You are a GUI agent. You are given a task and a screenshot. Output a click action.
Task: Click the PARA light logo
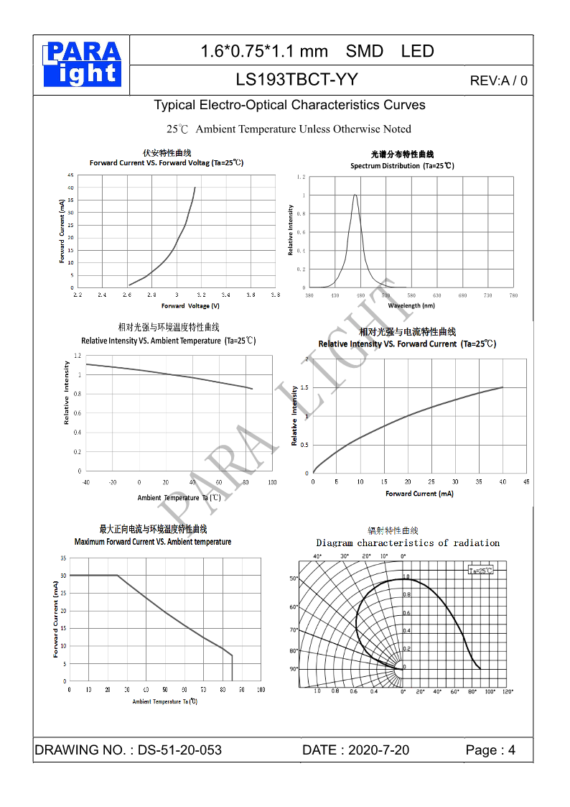coord(83,64)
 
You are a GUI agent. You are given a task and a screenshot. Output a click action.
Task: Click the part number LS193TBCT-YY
coord(296,79)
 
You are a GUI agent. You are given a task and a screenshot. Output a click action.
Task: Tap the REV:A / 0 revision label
coord(498,80)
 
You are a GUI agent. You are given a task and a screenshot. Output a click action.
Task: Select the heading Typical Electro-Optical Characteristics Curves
coord(289,105)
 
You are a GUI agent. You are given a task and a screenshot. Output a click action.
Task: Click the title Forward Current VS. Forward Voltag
coord(167,163)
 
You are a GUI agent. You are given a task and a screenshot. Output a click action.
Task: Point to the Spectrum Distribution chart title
coord(402,166)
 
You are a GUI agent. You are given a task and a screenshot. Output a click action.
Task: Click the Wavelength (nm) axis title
coord(411,305)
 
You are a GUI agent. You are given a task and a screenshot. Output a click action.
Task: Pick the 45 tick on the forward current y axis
coord(70,175)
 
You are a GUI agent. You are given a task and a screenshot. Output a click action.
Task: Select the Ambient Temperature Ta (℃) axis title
coord(179,497)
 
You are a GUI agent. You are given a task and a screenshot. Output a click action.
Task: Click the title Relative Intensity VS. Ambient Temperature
coord(168,341)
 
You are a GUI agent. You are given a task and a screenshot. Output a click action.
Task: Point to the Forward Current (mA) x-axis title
coord(419,494)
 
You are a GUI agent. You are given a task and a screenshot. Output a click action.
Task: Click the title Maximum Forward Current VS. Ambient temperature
coord(153,542)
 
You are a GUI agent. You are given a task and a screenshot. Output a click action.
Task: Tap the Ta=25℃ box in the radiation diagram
coord(481,570)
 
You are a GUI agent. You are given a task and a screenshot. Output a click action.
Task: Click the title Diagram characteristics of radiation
coord(408,543)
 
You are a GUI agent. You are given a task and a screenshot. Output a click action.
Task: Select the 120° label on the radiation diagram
coord(508,691)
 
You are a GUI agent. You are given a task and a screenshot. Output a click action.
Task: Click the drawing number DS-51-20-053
coord(179,750)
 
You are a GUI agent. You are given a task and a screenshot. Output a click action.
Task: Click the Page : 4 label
coord(490,750)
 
